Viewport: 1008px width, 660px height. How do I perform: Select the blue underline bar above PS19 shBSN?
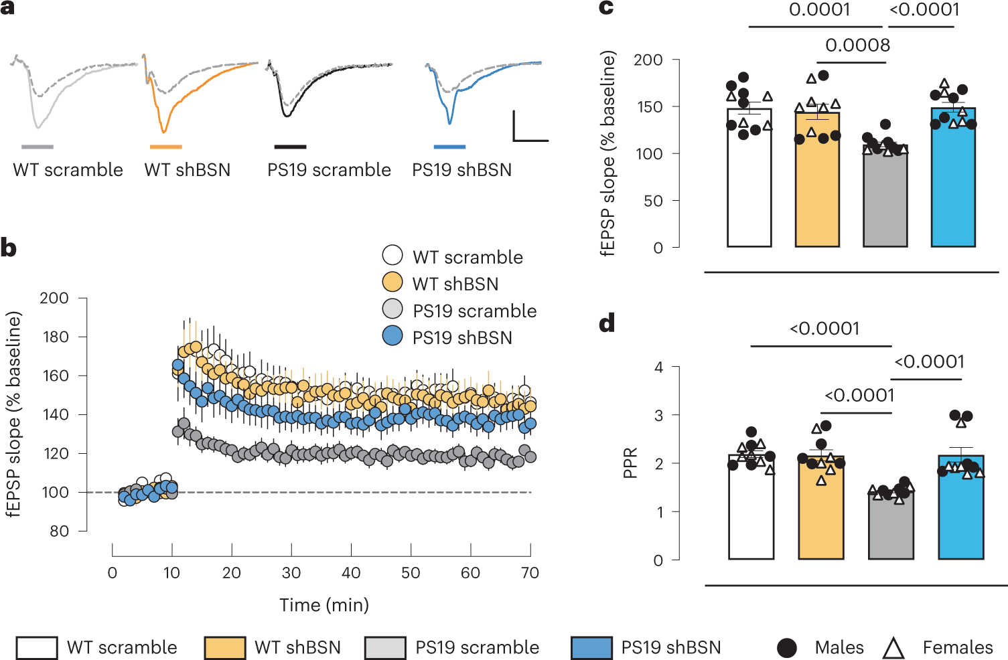449,147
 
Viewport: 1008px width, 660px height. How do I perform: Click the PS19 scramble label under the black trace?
329,170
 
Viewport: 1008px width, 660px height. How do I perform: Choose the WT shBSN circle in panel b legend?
392,282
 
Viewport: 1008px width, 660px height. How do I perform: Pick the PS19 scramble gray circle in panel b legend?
392,309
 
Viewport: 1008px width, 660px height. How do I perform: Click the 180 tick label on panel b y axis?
55,337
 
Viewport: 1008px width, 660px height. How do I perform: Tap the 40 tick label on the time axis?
351,573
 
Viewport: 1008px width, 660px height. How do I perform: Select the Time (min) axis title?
324,605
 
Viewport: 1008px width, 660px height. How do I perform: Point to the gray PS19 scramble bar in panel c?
885,201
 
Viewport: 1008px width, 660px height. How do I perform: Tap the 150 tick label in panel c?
648,107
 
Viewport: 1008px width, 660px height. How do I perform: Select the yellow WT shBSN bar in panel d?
820,515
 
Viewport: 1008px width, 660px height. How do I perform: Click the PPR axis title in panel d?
630,463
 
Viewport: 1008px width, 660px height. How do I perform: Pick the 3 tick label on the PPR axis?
658,416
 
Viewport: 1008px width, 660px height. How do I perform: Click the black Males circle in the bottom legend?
787,648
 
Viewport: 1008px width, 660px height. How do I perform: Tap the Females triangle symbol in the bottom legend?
893,648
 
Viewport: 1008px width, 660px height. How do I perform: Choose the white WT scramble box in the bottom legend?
37,648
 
